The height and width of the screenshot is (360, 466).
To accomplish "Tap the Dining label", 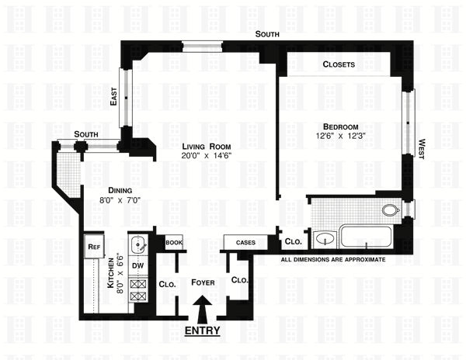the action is click(120, 191).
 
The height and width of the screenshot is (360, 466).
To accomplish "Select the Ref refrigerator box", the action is click(94, 247).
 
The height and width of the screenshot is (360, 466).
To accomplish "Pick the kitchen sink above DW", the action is click(137, 246).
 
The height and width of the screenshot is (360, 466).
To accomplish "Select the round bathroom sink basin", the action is click(325, 238).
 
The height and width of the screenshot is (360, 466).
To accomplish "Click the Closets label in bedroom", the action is click(339, 64).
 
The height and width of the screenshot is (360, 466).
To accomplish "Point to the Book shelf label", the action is click(173, 242).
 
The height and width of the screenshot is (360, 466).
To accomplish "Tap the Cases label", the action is click(245, 242).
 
